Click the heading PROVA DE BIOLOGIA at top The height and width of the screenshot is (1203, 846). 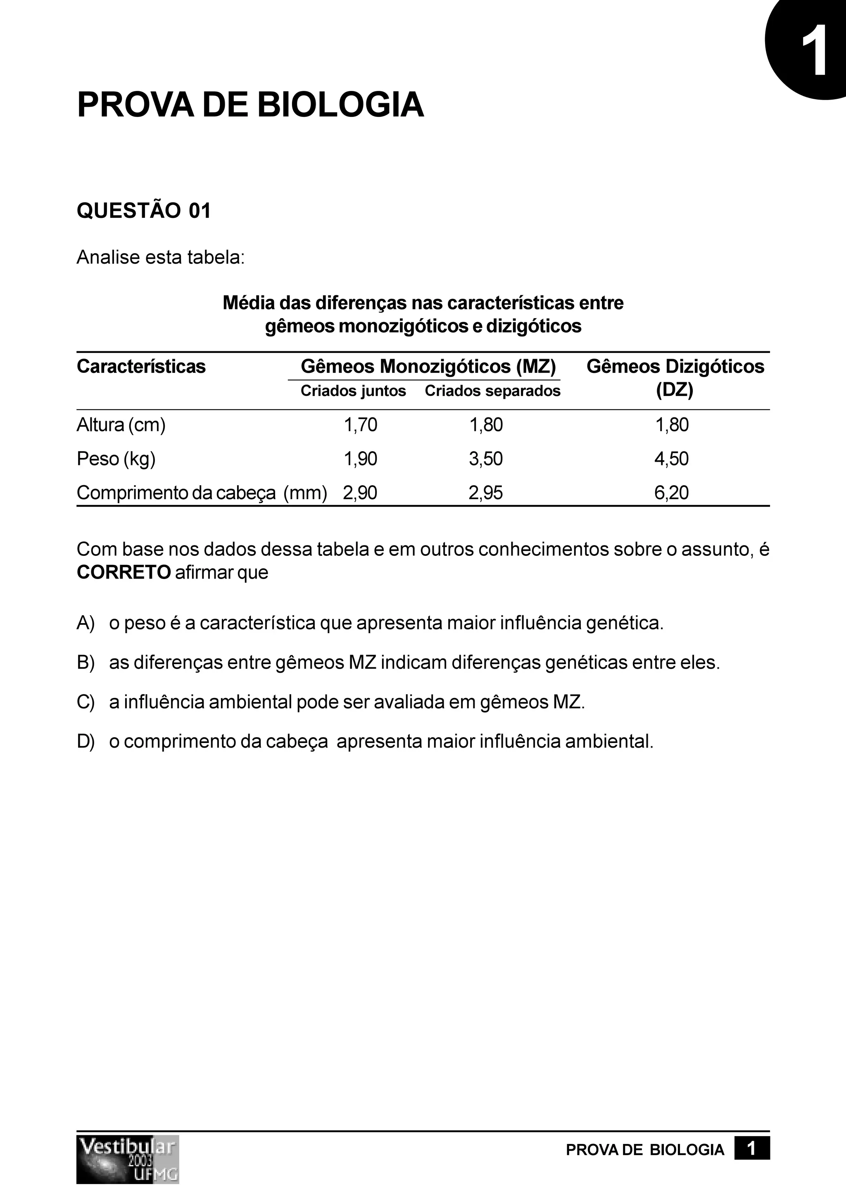(250, 105)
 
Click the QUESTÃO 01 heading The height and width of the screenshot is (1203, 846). (143, 211)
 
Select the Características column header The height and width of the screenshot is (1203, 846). (141, 366)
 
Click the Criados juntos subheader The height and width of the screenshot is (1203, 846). (353, 391)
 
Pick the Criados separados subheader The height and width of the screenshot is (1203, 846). (492, 391)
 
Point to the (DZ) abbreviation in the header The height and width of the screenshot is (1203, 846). (675, 391)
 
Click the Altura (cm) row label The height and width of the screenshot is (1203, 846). (121, 424)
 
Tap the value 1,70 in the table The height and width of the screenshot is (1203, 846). (360, 424)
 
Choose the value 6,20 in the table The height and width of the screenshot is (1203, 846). (672, 493)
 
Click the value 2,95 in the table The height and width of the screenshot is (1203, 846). (486, 493)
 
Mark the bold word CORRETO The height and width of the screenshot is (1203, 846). (124, 572)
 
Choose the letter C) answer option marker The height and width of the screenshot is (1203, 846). (86, 702)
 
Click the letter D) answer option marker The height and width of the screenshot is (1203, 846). (86, 741)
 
